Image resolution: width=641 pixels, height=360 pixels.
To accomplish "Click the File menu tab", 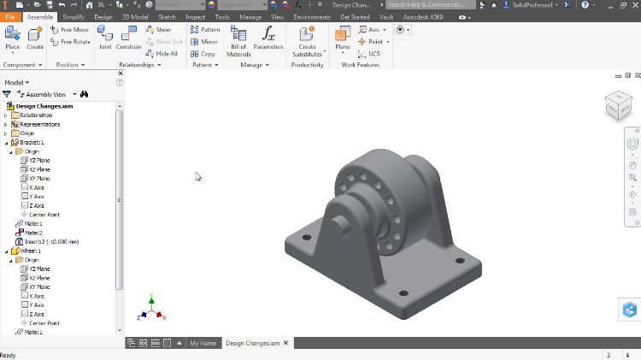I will click(x=9, y=16).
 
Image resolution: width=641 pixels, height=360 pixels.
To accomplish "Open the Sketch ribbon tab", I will click(x=167, y=16).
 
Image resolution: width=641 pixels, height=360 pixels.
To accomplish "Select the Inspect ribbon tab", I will click(x=194, y=16).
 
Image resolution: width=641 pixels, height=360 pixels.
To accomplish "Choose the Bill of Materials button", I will click(x=238, y=39).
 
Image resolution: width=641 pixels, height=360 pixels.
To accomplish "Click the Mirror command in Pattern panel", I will click(x=204, y=41).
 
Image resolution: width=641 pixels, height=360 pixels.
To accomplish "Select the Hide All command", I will click(x=162, y=53).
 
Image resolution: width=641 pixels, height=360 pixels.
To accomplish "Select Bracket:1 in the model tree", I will click(x=32, y=142).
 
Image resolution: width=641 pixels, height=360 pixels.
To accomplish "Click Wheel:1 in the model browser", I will click(x=31, y=251).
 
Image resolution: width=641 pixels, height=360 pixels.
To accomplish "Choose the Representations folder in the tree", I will click(x=39, y=124).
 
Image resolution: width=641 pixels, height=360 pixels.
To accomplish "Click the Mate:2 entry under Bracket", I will click(x=32, y=233).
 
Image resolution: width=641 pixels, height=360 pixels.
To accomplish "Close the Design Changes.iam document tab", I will click(x=286, y=343).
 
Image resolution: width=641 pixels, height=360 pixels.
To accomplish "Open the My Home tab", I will click(x=203, y=343).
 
